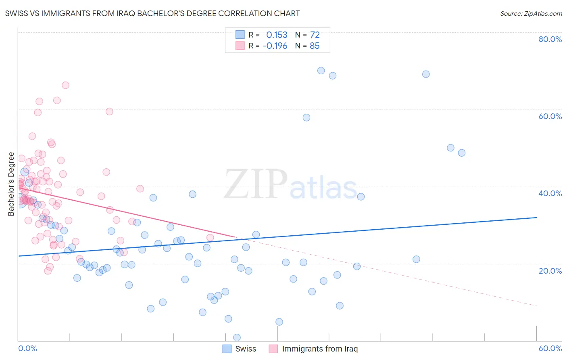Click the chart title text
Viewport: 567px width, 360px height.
click(152, 13)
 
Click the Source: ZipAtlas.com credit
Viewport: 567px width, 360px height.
click(531, 14)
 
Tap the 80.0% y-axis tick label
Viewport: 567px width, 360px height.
click(550, 39)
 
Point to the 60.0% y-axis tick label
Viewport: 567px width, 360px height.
click(550, 116)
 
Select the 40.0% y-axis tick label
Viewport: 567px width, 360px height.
click(550, 193)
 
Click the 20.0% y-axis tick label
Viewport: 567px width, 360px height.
click(550, 271)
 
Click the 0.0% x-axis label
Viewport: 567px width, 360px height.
click(27, 348)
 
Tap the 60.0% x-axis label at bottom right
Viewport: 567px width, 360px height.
click(550, 348)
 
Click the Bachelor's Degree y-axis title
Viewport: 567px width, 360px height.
click(11, 184)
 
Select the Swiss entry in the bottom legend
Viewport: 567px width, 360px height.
click(245, 349)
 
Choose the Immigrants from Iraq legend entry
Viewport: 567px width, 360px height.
click(319, 349)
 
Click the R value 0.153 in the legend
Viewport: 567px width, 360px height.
click(277, 35)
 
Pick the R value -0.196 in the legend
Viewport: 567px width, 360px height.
click(275, 46)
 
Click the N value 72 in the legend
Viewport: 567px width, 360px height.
click(315, 35)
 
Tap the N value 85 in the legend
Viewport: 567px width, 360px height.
click(315, 46)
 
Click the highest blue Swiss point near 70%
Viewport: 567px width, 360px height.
click(321, 71)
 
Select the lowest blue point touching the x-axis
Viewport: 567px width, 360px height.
click(237, 337)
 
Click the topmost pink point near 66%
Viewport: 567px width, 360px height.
click(65, 85)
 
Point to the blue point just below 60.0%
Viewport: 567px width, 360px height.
click(306, 117)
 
